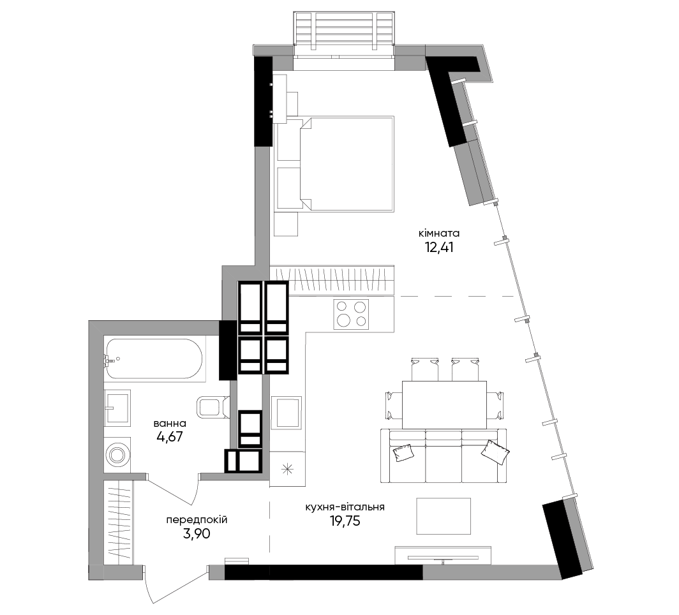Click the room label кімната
point(438,233)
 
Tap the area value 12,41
point(439,248)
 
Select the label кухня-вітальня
point(345,507)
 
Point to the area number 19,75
point(345,521)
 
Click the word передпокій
point(197,520)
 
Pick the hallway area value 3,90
point(197,534)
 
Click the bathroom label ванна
point(170,423)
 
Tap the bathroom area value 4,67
point(170,437)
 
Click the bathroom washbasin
point(117,407)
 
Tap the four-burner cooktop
point(351,314)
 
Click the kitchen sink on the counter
point(287,413)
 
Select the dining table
point(444,404)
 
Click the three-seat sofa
point(444,456)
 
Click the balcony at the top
point(344,29)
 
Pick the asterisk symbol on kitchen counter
point(288,469)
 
